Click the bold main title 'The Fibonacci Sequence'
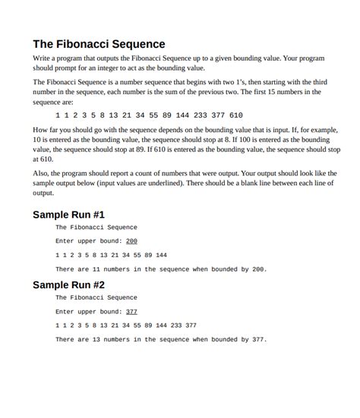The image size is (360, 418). [99, 44]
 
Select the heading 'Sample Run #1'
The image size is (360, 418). [68, 215]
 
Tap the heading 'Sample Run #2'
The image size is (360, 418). [68, 285]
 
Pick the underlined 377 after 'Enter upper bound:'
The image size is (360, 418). [131, 312]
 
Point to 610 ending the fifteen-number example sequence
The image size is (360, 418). [235, 115]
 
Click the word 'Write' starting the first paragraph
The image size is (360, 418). [43, 58]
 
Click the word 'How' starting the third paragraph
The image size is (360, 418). [41, 130]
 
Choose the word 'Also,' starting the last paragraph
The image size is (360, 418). [42, 174]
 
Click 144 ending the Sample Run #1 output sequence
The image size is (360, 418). [160, 255]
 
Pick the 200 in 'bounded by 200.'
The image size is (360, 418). [257, 269]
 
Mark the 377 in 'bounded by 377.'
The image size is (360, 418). [257, 340]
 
